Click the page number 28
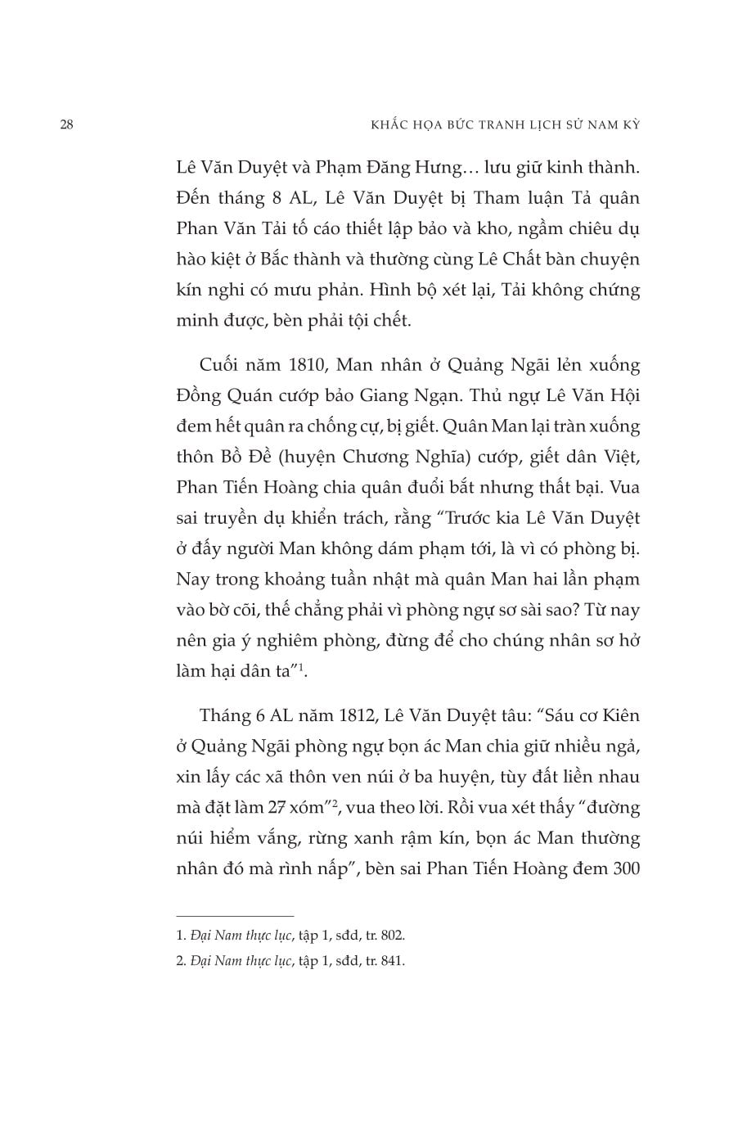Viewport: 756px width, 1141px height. click(x=67, y=125)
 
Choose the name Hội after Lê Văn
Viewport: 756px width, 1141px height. click(x=624, y=395)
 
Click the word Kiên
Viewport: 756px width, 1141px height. click(x=620, y=715)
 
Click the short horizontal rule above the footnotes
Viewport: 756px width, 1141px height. click(x=235, y=916)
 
